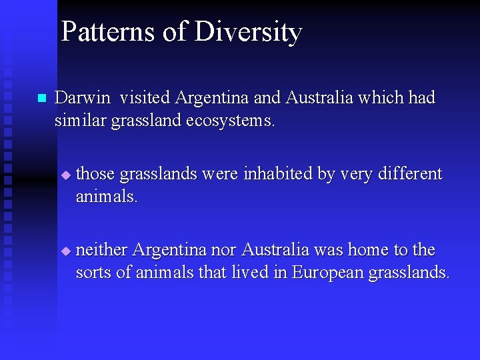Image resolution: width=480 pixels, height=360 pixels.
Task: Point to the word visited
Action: tap(145, 98)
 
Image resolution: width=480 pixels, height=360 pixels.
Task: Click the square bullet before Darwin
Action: tap(41, 99)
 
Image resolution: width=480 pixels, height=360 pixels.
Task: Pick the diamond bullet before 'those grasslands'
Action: tap(65, 175)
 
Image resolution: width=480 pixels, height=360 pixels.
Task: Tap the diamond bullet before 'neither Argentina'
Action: tap(65, 251)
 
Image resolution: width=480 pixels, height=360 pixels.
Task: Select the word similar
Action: tap(75, 121)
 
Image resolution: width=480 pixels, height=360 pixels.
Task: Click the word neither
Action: tap(102, 250)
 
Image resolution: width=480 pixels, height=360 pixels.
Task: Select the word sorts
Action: tap(91, 273)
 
